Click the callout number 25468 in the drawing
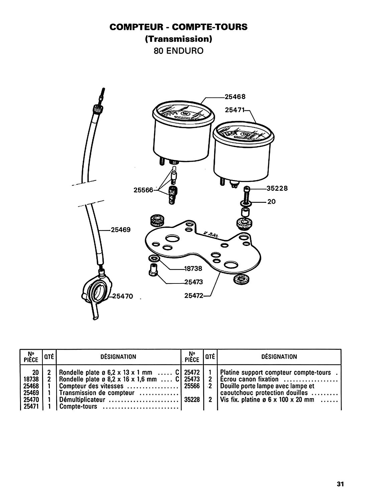pos(235,97)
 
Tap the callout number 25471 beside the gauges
pos(235,110)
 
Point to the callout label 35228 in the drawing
pos(277,188)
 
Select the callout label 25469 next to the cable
pos(121,230)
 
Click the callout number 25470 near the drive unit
pos(123,296)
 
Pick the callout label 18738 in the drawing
pos(193,268)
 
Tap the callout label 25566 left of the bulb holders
pos(143,190)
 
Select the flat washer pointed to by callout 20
pos(246,203)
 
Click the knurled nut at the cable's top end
pos(98,109)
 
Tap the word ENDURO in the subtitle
pos(185,51)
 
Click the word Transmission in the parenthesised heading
pos(178,39)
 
